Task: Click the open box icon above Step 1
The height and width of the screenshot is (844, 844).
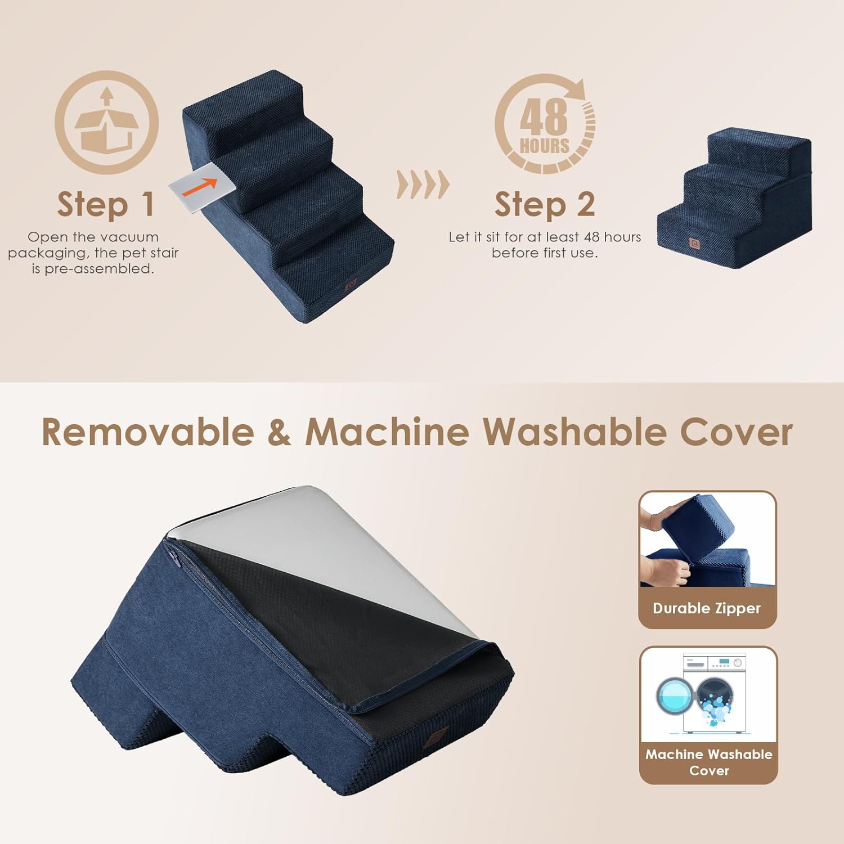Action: coord(107,123)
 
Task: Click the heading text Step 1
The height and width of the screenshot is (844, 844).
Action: coord(106,204)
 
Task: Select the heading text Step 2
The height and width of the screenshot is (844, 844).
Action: coord(545,204)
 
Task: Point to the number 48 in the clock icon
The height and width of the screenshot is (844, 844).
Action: coord(543,116)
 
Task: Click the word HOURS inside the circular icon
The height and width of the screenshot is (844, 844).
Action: coord(544,146)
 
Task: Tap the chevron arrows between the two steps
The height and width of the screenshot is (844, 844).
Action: coord(423,184)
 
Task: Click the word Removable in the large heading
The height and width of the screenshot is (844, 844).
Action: coord(147,432)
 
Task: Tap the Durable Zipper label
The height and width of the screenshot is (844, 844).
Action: coord(707,608)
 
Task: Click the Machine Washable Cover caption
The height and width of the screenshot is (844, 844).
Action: coord(708,762)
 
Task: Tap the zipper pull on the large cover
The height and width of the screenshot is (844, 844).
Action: coord(173,560)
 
